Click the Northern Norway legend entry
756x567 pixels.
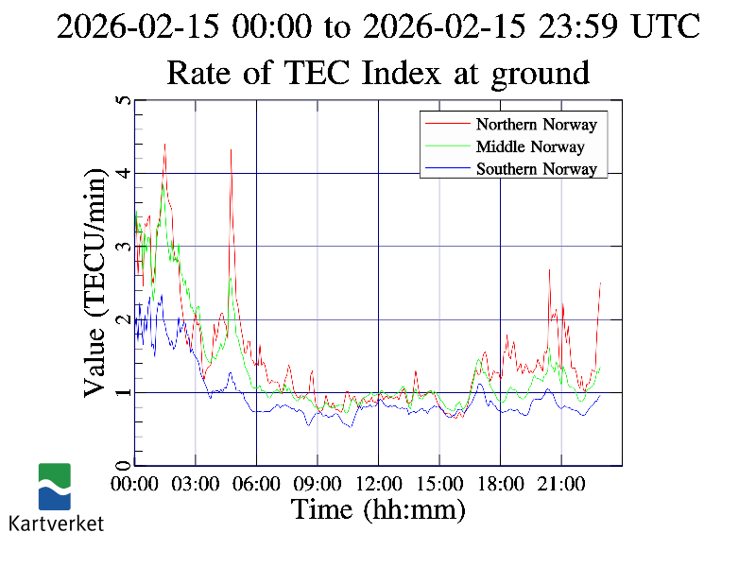click(x=536, y=124)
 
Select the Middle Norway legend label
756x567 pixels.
click(x=530, y=146)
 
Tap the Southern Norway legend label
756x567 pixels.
click(x=536, y=169)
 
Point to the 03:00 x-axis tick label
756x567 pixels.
click(x=196, y=485)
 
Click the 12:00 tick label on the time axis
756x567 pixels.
click(x=378, y=485)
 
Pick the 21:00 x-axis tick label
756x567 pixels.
click(x=561, y=485)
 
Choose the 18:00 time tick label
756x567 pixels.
click(x=500, y=485)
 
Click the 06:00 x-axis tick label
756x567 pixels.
click(x=256, y=485)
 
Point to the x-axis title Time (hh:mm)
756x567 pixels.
click(x=378, y=510)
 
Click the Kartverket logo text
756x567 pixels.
click(x=57, y=523)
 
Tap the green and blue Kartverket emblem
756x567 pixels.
click(x=55, y=487)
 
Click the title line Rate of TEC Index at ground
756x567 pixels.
click(x=378, y=72)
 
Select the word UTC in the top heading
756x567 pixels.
click(x=665, y=26)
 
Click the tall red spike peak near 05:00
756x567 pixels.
click(x=231, y=149)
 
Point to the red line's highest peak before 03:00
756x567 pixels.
click(x=164, y=144)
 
